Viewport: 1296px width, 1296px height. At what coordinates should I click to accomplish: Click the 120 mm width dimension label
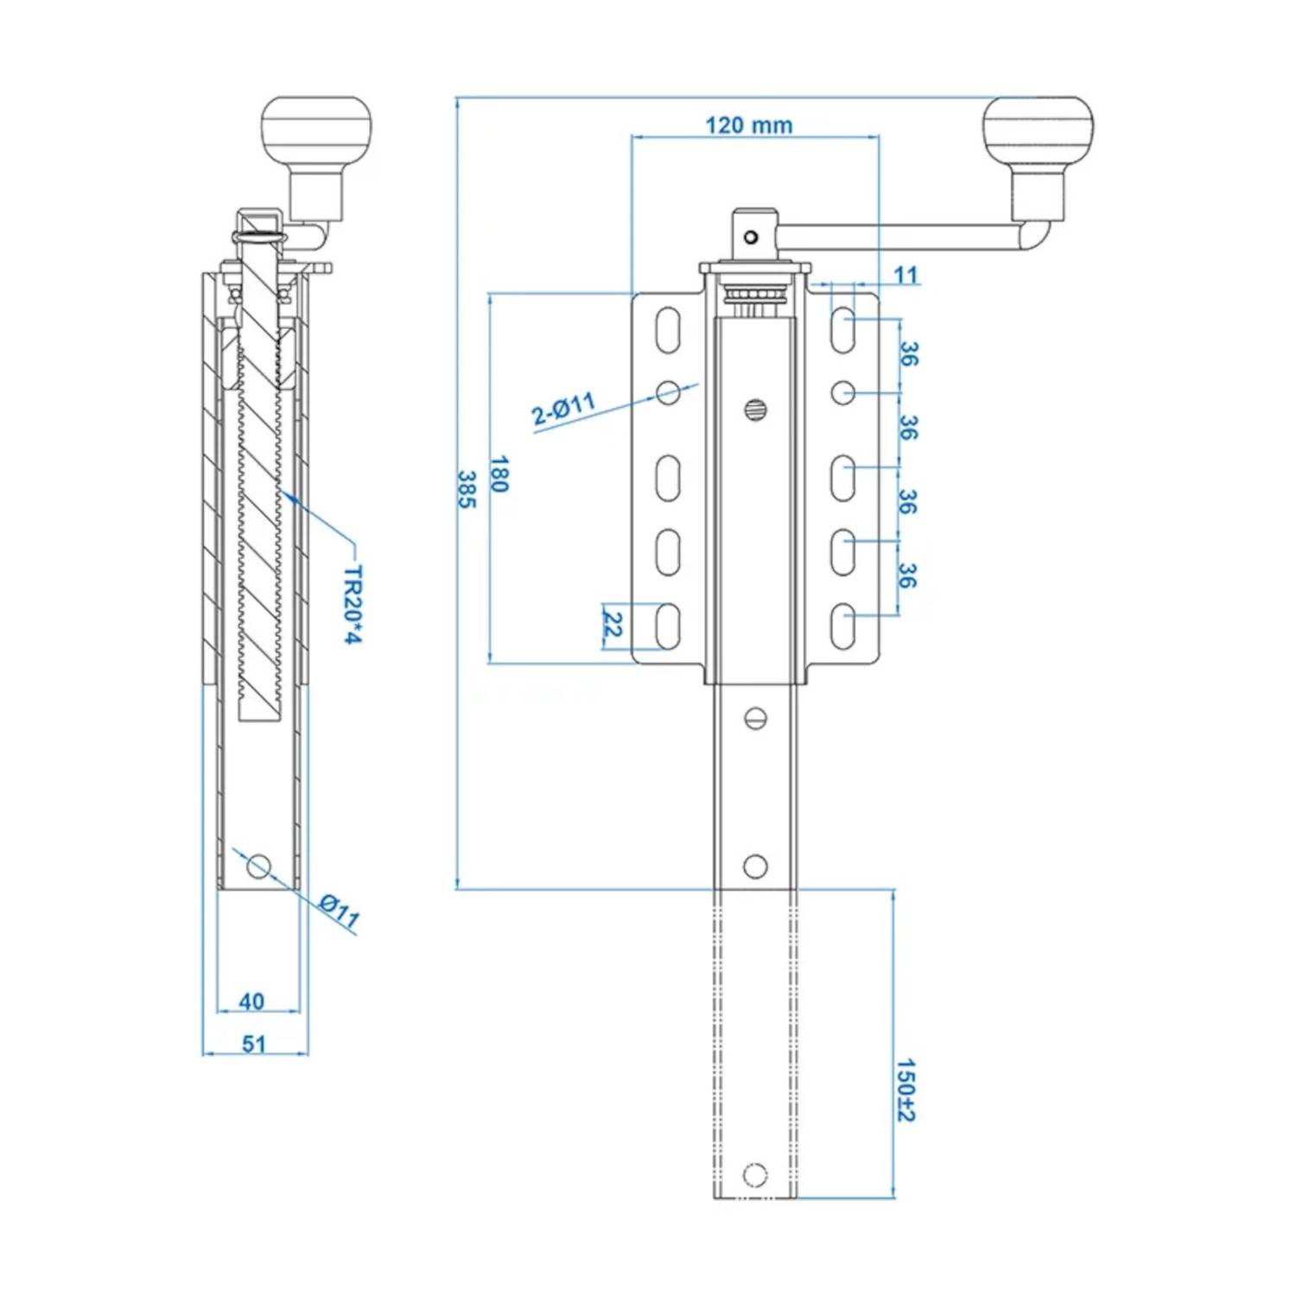(x=748, y=125)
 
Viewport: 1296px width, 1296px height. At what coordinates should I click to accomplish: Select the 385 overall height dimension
(x=467, y=489)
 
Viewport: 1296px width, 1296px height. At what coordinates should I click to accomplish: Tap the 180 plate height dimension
(x=499, y=473)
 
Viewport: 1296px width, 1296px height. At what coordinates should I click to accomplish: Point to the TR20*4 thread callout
(x=353, y=605)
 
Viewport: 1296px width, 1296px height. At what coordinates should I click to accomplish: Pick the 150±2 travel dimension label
(x=905, y=1090)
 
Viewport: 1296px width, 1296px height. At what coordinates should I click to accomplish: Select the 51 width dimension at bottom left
(x=254, y=1044)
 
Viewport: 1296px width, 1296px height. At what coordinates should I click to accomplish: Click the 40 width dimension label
(x=251, y=1001)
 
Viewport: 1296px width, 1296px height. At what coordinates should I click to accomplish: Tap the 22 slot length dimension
(x=613, y=625)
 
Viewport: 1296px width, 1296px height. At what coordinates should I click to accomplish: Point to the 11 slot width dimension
(x=905, y=275)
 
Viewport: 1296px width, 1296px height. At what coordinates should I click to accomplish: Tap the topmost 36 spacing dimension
(x=908, y=353)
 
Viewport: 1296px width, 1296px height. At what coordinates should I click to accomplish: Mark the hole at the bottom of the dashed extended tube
(x=755, y=1174)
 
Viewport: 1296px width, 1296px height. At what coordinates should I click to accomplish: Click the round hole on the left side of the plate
(x=668, y=393)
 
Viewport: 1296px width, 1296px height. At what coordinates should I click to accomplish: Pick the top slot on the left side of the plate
(x=668, y=330)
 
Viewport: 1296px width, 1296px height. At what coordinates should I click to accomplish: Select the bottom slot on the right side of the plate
(x=842, y=626)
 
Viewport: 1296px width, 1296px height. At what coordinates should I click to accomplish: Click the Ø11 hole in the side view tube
(x=258, y=865)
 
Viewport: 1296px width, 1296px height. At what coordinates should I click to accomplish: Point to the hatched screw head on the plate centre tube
(x=755, y=410)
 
